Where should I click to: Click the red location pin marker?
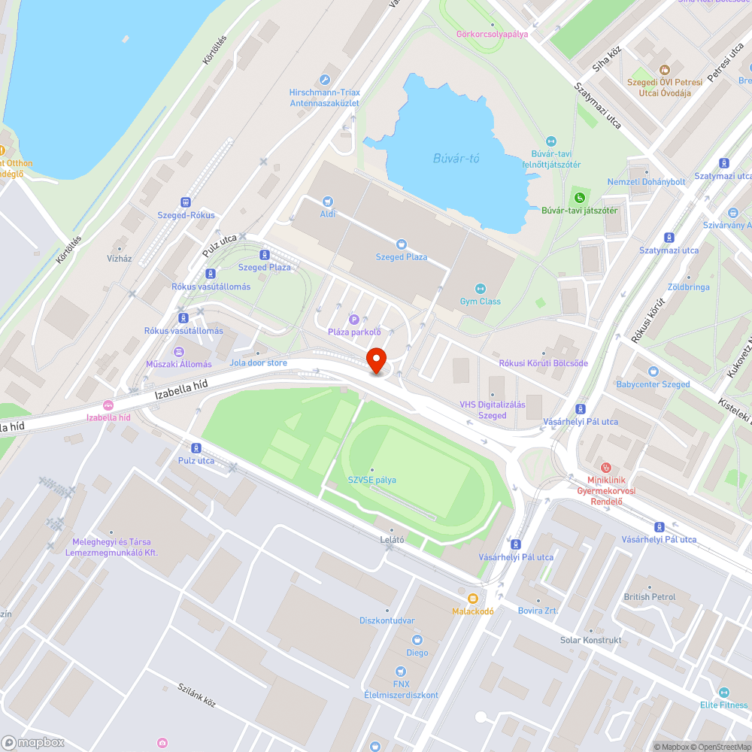click(x=375, y=360)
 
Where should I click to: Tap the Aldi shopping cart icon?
click(x=327, y=201)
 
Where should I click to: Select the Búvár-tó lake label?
click(x=456, y=158)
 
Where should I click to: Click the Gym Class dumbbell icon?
click(x=481, y=289)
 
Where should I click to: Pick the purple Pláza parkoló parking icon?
click(x=353, y=320)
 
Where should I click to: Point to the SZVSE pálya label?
click(x=371, y=480)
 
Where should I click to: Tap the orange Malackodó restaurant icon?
click(x=472, y=599)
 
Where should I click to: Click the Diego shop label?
click(x=417, y=653)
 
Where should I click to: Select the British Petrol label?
click(x=650, y=597)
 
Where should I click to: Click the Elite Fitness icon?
click(x=724, y=693)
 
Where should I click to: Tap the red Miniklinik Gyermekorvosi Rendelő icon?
click(x=606, y=468)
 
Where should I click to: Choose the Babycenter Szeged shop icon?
click(x=653, y=371)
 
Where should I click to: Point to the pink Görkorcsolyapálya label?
click(x=493, y=34)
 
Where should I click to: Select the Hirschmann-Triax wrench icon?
click(x=325, y=80)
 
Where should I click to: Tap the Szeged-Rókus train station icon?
click(x=186, y=202)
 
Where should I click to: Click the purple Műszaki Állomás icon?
click(x=178, y=351)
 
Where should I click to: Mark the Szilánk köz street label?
click(x=197, y=696)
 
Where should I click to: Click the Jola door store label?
click(x=258, y=362)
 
